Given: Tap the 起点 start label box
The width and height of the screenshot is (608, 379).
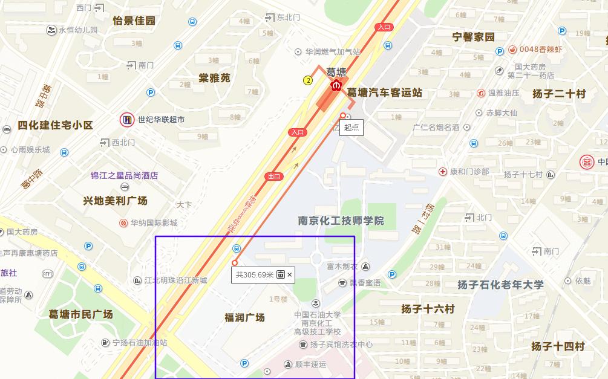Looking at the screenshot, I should pos(351,127).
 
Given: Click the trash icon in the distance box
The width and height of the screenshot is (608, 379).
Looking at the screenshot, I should pos(281,274).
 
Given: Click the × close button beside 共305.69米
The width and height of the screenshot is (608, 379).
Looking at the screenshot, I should pos(290,274).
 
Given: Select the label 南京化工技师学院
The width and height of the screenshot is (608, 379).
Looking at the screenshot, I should pos(341,221).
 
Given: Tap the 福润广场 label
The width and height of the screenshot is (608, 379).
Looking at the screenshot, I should pos(244,317).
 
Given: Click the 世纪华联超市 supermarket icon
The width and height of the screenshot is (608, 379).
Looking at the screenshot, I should pos(126,120).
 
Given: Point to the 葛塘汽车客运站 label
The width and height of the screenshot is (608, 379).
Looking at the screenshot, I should pos(384,92).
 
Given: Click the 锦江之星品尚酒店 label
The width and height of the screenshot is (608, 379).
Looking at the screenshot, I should pos(124,175).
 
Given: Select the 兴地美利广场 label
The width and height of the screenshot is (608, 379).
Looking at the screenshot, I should pos(116,200).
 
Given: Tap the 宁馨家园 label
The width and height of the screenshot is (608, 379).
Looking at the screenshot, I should pos(474,37).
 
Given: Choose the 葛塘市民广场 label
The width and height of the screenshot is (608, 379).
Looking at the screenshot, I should pos(81,314).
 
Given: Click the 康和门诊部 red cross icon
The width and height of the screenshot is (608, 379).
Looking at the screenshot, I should pos(443,172).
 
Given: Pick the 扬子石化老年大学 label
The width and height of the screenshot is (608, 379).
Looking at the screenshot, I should pos(500,284).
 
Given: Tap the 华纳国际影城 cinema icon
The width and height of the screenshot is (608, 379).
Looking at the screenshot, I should pos(124,223).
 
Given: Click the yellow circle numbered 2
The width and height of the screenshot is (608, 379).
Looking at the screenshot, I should pos(308,80).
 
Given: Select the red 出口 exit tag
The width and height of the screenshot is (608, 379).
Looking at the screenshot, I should pos(274,176).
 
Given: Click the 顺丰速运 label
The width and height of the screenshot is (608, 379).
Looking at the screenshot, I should pos(310,364).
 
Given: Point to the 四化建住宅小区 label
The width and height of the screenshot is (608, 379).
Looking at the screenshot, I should pos(55,125).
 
